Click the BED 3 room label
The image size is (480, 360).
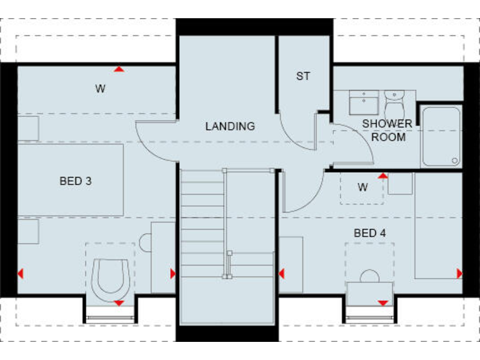pyautogui.click(x=76, y=181)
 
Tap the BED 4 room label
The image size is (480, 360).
pyautogui.click(x=369, y=233)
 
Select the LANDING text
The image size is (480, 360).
pyautogui.click(x=230, y=126)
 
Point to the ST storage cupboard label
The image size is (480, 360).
pyautogui.click(x=303, y=77)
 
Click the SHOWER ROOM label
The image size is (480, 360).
pyautogui.click(x=387, y=130)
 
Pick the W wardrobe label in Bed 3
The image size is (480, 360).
pyautogui.click(x=100, y=89)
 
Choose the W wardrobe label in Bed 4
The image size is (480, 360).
pyautogui.click(x=362, y=187)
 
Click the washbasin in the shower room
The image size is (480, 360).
pyautogui.click(x=362, y=102)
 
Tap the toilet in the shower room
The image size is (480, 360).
pyautogui.click(x=394, y=102)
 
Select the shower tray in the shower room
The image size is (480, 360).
pyautogui.click(x=441, y=136)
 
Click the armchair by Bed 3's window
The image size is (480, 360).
pyautogui.click(x=110, y=276)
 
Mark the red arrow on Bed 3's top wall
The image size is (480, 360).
pyautogui.click(x=119, y=69)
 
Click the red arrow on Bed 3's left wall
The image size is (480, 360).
pyautogui.click(x=21, y=273)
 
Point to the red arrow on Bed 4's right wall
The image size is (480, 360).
pyautogui.click(x=459, y=273)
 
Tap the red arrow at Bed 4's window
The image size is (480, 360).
pyautogui.click(x=382, y=303)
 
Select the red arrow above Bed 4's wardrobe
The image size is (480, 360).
pyautogui.click(x=382, y=176)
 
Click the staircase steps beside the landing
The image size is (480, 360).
pyautogui.click(x=202, y=225)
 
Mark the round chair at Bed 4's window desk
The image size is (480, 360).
pyautogui.click(x=370, y=276)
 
